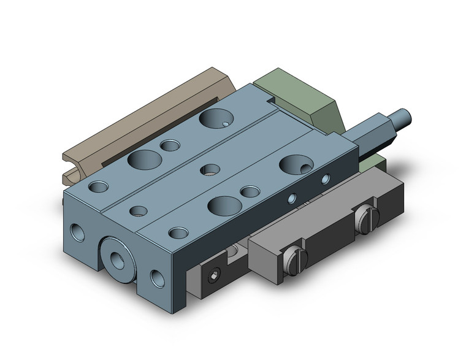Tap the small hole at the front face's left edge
click(x=78, y=232)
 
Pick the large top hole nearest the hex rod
click(x=294, y=163)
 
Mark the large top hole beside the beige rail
click(x=143, y=160)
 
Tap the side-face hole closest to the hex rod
click(x=325, y=179)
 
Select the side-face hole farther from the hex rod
click(x=292, y=199)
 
